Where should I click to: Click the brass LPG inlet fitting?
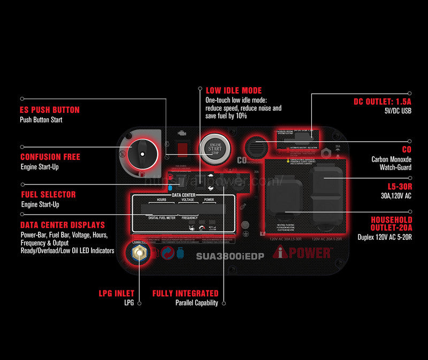point(140,252)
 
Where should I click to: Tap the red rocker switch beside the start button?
point(182,147)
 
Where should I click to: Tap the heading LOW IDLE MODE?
point(234,90)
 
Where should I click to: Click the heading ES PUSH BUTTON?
point(50,110)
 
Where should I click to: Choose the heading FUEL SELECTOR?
point(48,195)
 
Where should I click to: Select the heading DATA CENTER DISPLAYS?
point(63,225)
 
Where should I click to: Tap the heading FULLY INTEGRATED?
point(185,294)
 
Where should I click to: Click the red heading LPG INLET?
point(116,294)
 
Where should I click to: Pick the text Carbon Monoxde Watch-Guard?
point(391,163)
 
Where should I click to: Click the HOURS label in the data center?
point(162,200)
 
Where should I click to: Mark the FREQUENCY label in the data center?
point(189,218)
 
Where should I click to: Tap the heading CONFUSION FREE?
point(50,157)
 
